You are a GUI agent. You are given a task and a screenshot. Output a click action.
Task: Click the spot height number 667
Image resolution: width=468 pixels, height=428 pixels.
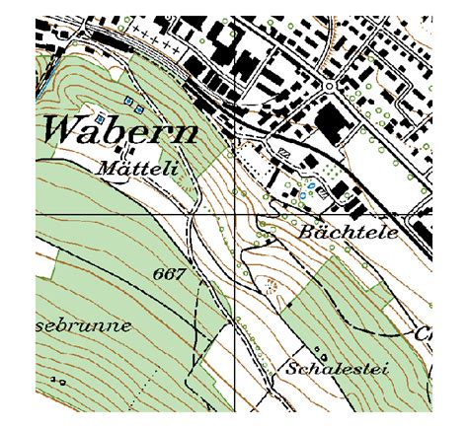(x=170, y=273)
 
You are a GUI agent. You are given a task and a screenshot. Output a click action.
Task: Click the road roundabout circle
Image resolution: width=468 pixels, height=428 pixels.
(x=327, y=87)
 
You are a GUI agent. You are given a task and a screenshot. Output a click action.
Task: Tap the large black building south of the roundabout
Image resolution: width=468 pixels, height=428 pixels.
(x=329, y=124)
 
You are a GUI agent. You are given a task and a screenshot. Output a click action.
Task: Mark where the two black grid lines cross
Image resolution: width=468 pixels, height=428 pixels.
(x=235, y=214)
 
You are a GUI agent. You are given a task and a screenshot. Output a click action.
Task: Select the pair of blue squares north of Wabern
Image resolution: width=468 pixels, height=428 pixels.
(x=133, y=103)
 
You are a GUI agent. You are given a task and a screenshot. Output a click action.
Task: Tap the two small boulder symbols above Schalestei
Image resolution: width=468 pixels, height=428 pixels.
(x=318, y=350)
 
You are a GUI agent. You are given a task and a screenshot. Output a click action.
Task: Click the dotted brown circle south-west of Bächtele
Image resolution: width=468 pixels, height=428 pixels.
(x=271, y=286)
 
